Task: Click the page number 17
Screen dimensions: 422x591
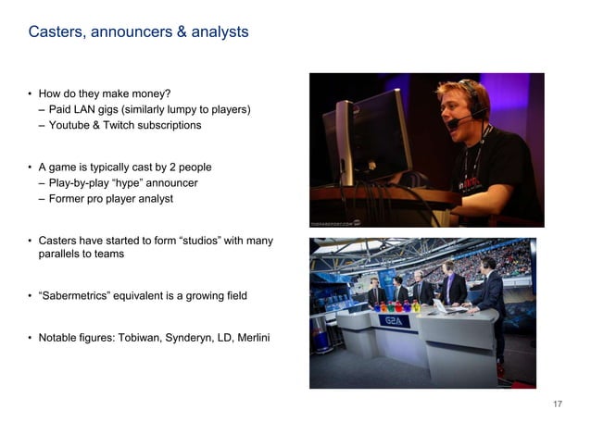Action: [x=558, y=404]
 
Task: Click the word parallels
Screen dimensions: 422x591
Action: [x=59, y=254]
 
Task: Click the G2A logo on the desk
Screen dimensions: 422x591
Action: [x=391, y=319]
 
